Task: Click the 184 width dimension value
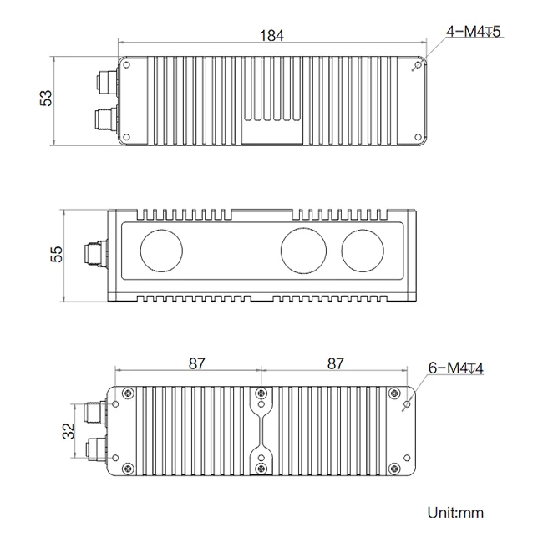point(271,35)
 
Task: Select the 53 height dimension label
point(46,98)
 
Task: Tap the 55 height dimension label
point(57,254)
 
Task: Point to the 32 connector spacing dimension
point(69,431)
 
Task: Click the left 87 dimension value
point(196,363)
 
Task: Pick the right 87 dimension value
point(335,363)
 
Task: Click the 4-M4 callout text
point(474,32)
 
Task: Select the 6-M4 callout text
point(456,368)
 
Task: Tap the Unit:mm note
point(455,513)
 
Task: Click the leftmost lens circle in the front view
point(161,251)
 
